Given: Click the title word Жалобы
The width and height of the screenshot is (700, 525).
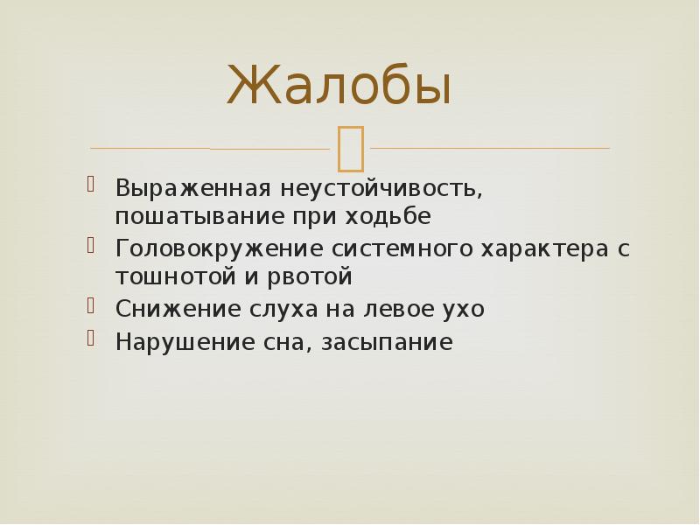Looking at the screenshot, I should pyautogui.click(x=339, y=86).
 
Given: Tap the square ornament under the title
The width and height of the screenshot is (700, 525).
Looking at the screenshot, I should pyautogui.click(x=350, y=146).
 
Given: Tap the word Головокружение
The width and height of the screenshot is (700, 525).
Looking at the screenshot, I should pyautogui.click(x=219, y=248).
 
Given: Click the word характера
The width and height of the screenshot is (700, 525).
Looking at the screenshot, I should pyautogui.click(x=531, y=248).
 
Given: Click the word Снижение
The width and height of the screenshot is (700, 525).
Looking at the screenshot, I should pyautogui.click(x=165, y=309).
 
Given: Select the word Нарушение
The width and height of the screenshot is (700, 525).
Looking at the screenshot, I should pyautogui.click(x=171, y=341).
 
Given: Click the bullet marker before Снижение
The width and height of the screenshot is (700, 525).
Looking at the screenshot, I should pyautogui.click(x=91, y=305).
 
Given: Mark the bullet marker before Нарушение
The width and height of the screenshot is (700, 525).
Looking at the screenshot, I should pyautogui.click(x=91, y=338).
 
